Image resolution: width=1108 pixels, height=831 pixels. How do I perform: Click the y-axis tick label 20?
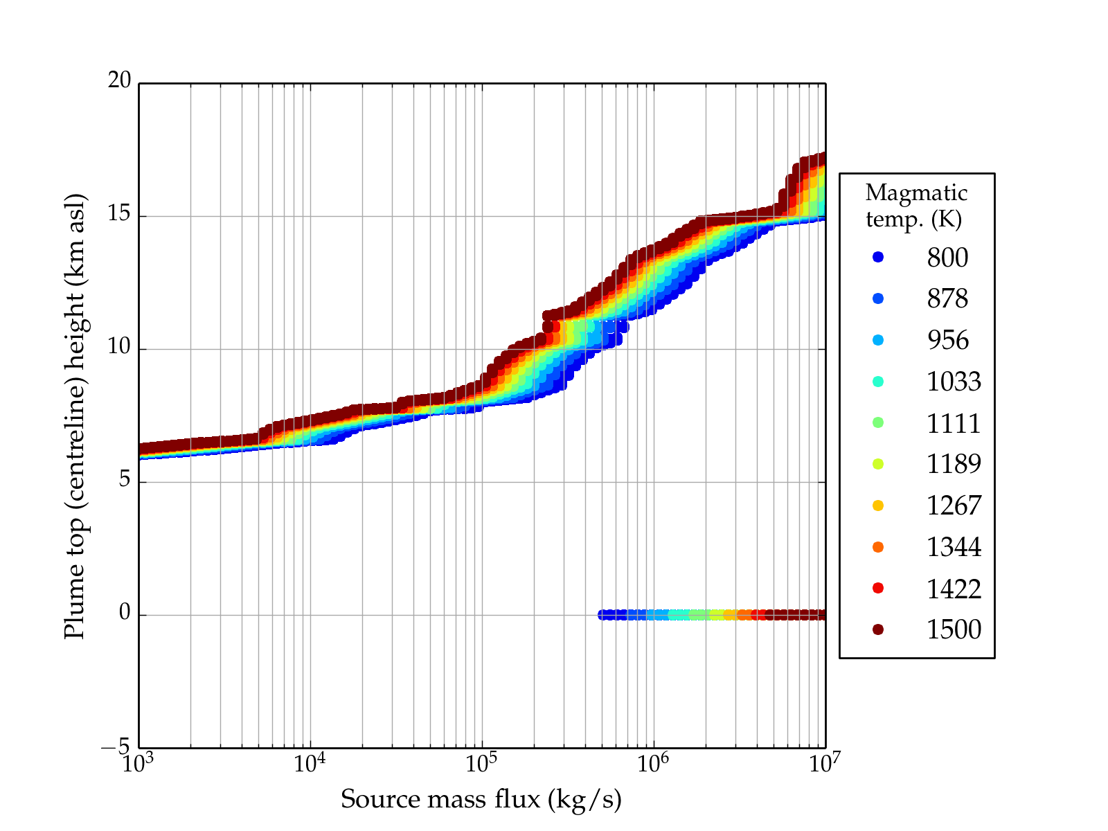coord(119,80)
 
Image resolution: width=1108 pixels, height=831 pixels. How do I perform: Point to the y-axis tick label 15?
coord(119,214)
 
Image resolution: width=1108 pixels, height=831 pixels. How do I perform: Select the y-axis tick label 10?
coord(119,347)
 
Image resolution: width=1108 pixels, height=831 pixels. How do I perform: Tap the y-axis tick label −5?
coord(116,748)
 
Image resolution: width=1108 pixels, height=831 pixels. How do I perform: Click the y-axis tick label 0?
coord(125,613)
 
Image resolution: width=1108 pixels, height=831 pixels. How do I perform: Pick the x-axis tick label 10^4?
coord(310,763)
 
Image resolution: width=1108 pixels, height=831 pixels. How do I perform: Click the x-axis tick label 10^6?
coord(653,763)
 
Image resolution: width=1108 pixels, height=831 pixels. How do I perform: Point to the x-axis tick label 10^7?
coord(825,763)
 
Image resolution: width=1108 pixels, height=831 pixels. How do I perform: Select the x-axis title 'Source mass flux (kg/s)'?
coord(481,799)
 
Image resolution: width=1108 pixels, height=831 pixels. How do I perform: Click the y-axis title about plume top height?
coord(74,415)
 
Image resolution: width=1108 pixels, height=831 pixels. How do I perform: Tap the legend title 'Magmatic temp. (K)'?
coord(915,205)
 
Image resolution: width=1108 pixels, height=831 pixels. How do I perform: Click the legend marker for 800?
coord(878,257)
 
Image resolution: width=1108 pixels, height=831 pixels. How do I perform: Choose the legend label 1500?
coord(954,629)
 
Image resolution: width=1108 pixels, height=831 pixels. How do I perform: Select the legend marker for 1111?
coord(878,422)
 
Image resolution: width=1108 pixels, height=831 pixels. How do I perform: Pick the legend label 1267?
coord(954,506)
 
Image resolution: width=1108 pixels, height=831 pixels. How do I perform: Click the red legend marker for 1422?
coord(878,588)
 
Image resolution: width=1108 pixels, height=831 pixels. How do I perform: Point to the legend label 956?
coord(947,340)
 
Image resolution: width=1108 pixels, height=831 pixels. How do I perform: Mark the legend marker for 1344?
coord(878,547)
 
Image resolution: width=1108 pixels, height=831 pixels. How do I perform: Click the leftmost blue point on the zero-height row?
coord(602,614)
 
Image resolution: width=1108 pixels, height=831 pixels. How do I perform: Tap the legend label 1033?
coord(954,382)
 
